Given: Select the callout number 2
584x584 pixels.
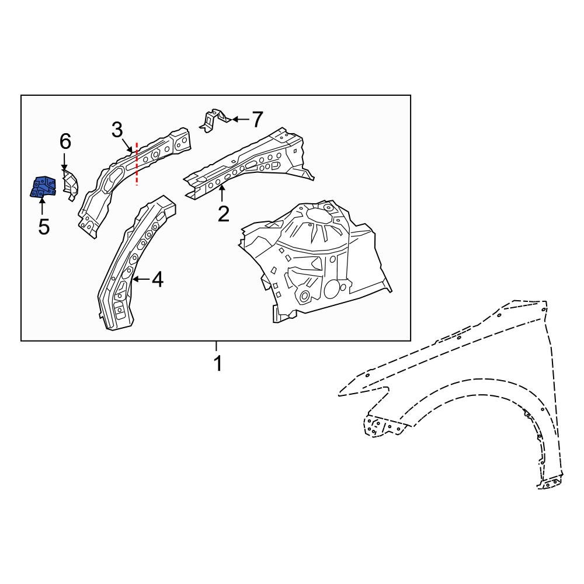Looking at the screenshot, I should coord(223,214).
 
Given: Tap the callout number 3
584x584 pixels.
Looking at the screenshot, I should coord(117,130).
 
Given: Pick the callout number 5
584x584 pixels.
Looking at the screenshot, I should coord(44,226).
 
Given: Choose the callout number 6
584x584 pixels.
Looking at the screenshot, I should coord(65,141).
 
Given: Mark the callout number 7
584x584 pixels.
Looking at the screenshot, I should coord(257,120).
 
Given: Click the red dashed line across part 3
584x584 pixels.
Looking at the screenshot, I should coord(137,164).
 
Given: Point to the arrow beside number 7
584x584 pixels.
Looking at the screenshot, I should coord(239,120).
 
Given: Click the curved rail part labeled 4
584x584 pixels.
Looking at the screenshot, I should coord(131,263).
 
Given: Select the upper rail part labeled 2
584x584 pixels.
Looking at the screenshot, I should coord(251,164).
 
